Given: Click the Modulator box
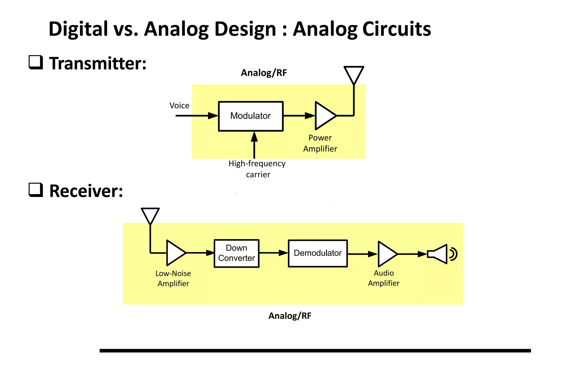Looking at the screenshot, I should click(250, 116).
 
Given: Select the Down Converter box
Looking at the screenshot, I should click(236, 253).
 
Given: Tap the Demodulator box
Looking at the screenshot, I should click(318, 253).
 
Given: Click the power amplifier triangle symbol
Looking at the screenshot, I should click(324, 116).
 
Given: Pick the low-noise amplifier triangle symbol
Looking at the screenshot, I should click(175, 253).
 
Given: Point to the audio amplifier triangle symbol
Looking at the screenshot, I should click(386, 254).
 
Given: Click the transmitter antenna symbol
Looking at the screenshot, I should click(354, 74).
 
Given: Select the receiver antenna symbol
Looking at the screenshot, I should click(150, 215).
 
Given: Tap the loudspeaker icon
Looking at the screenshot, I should click(440, 254).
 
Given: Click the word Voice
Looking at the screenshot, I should click(179, 106).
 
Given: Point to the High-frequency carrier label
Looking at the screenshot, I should click(257, 169).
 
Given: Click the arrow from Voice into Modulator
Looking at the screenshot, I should click(197, 116).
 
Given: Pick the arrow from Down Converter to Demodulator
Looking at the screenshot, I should click(273, 253).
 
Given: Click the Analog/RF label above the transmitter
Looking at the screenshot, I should click(264, 73).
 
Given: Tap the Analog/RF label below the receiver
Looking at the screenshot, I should click(290, 316).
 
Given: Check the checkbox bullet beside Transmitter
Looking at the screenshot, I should click(36, 62).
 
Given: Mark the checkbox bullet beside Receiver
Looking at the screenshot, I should click(36, 190).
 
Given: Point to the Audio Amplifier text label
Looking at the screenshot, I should click(383, 278).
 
